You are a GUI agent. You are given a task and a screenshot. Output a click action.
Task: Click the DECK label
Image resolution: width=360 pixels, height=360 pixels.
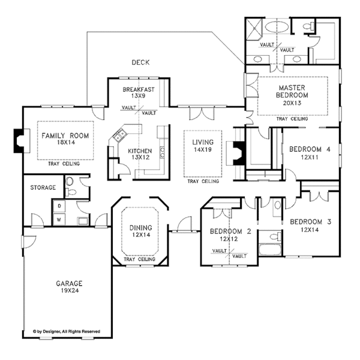140,62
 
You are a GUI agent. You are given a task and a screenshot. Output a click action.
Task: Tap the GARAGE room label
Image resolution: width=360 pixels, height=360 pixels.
69,283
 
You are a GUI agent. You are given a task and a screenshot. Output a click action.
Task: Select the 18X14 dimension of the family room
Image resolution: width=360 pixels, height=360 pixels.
65,142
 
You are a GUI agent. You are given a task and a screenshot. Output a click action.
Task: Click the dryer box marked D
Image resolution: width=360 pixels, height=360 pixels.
59,206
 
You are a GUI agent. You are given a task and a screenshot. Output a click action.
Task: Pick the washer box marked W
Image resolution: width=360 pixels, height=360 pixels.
59,220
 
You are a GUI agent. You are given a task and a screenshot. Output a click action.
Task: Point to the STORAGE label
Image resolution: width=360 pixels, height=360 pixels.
43,188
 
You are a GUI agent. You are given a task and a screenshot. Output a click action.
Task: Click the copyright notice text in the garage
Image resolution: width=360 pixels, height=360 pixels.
67,331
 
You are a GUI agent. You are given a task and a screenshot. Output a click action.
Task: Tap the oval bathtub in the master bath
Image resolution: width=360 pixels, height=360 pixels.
277,27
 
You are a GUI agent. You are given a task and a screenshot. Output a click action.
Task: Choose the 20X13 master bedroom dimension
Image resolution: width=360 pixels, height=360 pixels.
292,103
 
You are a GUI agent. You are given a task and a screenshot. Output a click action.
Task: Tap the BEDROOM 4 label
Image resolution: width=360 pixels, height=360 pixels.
310,149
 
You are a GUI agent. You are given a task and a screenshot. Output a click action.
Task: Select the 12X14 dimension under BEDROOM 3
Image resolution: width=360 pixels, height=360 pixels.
310,230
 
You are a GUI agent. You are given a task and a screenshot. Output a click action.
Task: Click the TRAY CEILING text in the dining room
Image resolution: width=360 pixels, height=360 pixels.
140,259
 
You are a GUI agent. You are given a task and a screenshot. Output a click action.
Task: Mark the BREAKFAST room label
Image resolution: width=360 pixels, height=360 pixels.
139,89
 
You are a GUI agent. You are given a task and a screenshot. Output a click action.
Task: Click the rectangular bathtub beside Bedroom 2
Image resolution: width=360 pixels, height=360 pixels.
270,250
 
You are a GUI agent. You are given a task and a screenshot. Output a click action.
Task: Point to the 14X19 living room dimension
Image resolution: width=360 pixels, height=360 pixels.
203,149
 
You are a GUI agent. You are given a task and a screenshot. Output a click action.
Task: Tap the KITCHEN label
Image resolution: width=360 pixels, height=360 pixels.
140,151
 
